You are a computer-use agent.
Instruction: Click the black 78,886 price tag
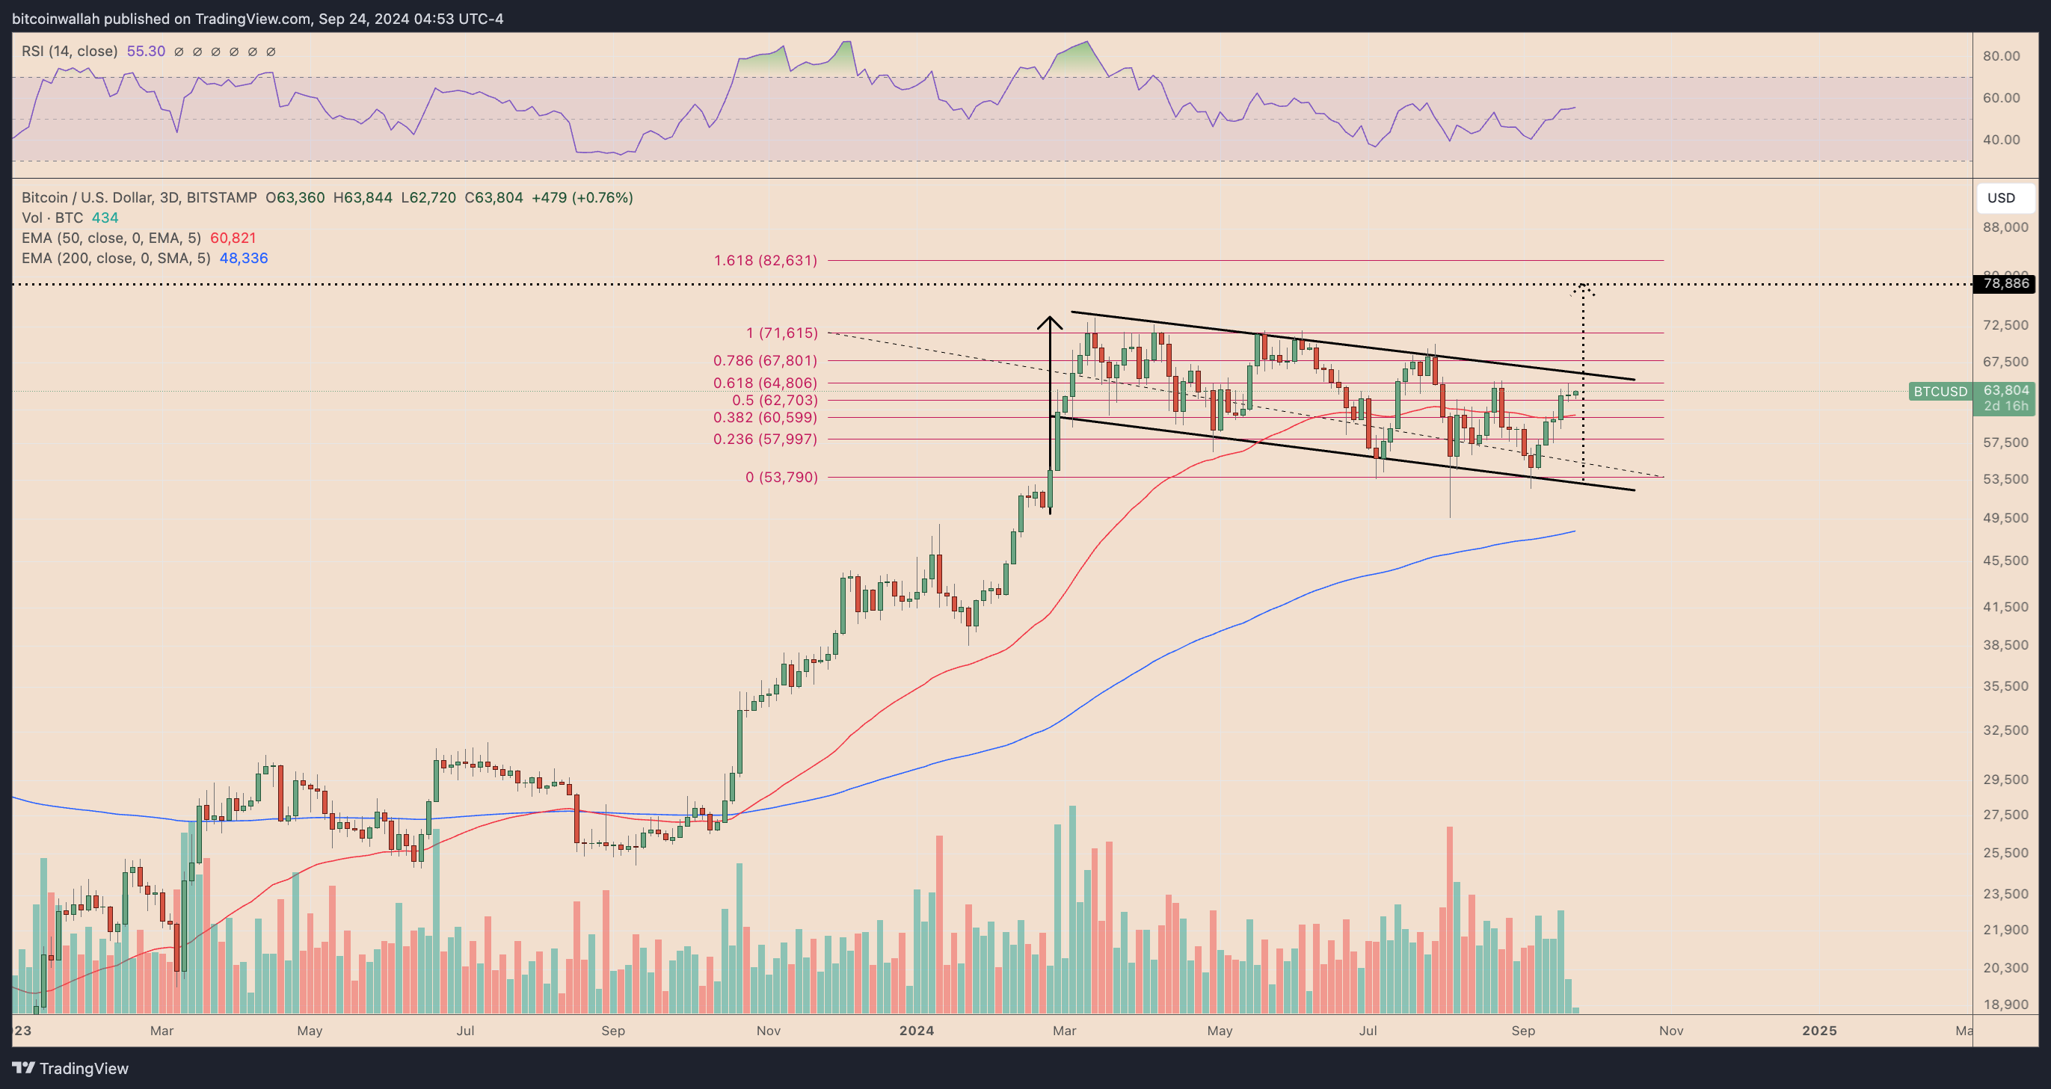click(x=2005, y=283)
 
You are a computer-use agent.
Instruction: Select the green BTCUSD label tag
click(x=1940, y=391)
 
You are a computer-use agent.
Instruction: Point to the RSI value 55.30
click(x=146, y=51)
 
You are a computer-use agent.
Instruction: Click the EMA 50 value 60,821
click(x=233, y=238)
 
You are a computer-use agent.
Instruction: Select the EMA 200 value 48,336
click(x=243, y=258)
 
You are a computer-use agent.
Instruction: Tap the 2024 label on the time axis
click(x=917, y=1030)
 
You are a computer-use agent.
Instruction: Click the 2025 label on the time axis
click(x=1818, y=1030)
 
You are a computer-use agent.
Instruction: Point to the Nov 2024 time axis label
click(x=1670, y=1030)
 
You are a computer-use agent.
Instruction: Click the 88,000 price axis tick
click(x=2005, y=227)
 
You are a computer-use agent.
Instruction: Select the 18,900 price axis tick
click(x=2005, y=1004)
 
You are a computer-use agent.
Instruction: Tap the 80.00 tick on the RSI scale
click(x=2001, y=56)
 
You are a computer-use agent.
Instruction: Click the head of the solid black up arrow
click(x=1049, y=321)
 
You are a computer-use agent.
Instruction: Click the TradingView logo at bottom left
click(x=70, y=1067)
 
